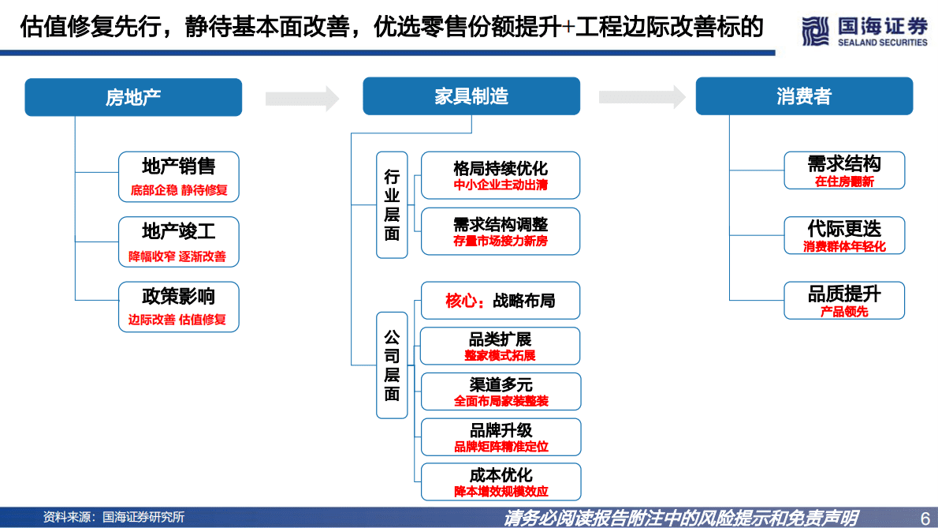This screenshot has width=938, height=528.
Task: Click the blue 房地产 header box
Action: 133,97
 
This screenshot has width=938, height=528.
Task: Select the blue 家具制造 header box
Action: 471,96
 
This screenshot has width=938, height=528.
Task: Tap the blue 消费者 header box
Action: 803,96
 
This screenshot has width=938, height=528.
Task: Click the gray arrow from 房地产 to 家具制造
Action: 302,98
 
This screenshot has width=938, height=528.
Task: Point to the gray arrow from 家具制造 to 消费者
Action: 642,97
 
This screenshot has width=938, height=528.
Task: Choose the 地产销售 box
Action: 178,176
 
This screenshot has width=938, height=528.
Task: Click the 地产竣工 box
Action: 178,241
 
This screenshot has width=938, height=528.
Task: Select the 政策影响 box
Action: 178,306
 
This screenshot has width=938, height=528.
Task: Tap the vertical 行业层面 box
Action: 392,204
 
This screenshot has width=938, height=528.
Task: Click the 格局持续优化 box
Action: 501,175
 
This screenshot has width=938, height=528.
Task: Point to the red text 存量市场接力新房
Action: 501,242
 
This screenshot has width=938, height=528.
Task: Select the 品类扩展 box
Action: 501,346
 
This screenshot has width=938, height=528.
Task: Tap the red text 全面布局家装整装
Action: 501,401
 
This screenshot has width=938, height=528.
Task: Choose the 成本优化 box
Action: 501,481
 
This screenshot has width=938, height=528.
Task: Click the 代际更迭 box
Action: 844,235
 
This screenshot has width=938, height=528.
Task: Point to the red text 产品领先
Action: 844,312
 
